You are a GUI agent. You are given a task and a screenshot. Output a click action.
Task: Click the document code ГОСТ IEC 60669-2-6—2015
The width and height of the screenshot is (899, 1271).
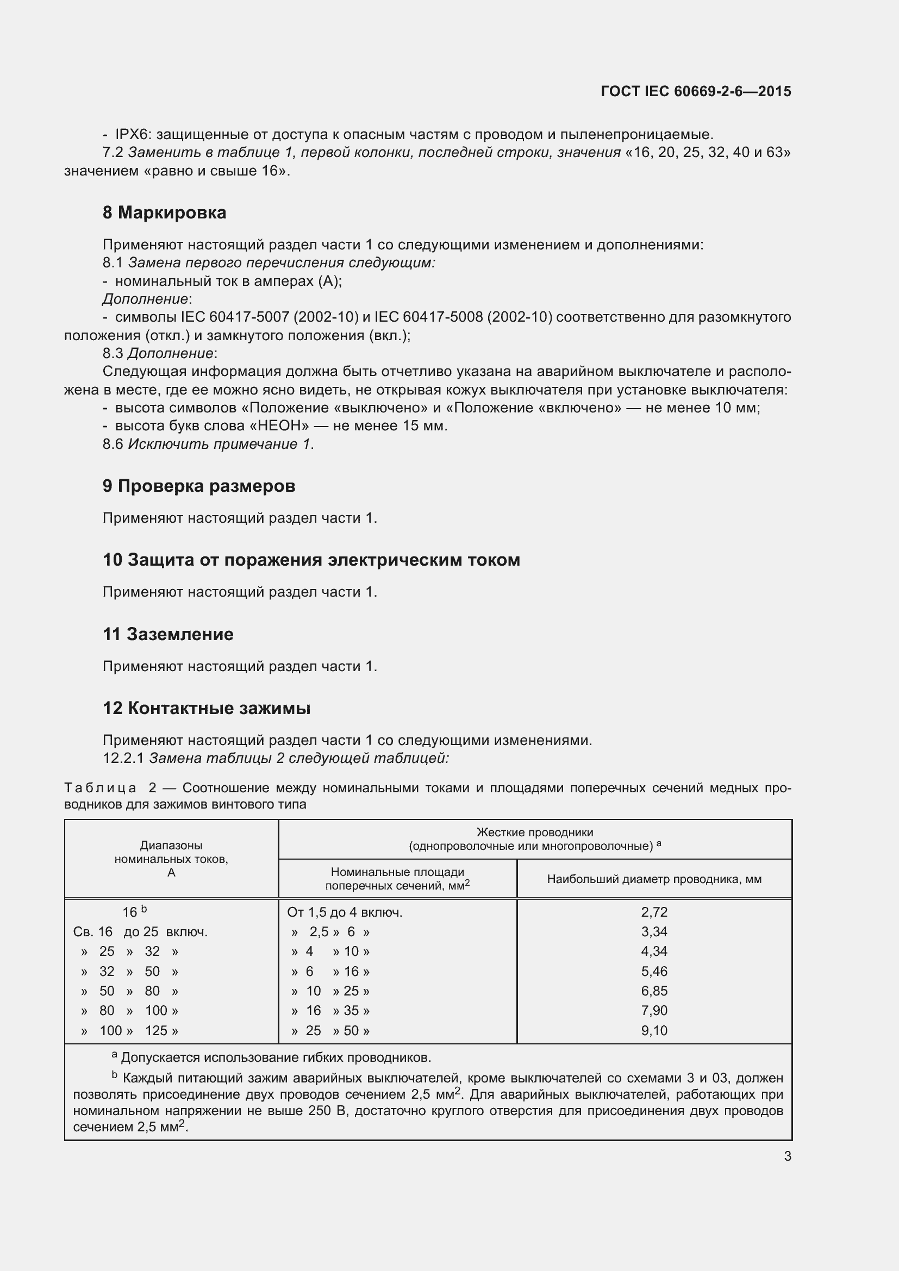(x=695, y=91)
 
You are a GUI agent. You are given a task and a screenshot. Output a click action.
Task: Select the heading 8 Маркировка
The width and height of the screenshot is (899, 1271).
(x=164, y=212)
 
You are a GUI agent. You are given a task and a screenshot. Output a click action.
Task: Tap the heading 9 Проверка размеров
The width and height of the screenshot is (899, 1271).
(x=199, y=486)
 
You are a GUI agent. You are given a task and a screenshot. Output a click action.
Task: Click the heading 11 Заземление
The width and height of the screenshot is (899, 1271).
(x=168, y=634)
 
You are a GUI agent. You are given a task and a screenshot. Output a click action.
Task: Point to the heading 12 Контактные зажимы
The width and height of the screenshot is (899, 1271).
(x=207, y=708)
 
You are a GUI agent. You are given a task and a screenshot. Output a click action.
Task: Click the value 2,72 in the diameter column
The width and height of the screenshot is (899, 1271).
(x=654, y=912)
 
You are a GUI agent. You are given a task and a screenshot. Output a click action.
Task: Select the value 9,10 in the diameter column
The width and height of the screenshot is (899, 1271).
(x=654, y=1031)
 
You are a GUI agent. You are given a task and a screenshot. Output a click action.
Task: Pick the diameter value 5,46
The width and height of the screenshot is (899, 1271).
(x=654, y=972)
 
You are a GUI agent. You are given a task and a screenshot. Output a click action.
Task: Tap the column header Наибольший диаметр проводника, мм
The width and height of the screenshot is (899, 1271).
(x=654, y=879)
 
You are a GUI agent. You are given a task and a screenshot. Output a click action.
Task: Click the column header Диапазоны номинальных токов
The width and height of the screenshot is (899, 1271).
(x=171, y=859)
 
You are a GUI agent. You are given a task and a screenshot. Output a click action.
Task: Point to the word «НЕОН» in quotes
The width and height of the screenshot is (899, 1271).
(x=283, y=425)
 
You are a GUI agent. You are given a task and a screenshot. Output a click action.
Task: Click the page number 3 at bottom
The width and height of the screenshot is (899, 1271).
(x=787, y=1156)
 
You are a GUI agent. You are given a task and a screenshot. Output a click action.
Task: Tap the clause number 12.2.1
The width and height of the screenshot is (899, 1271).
(x=123, y=758)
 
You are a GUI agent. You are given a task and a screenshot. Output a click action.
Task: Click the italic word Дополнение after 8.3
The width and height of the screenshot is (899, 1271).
(x=171, y=353)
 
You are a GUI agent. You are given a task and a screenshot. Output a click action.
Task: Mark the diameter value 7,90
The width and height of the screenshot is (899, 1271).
(x=654, y=1011)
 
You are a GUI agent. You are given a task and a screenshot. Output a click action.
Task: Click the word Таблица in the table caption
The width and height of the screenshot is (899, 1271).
(x=100, y=788)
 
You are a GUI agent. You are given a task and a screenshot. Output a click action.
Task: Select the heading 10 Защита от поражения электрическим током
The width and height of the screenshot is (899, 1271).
(x=311, y=560)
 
